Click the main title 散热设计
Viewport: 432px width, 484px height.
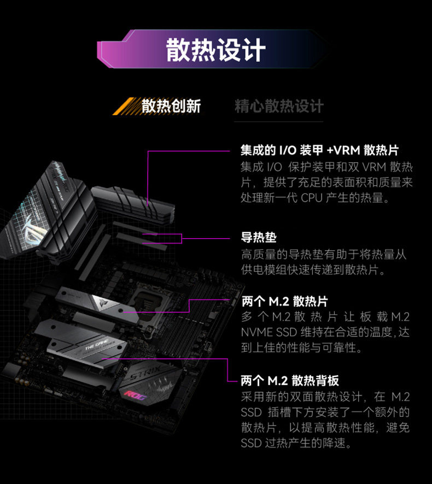click(215, 50)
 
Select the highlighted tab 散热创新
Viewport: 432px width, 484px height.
click(171, 106)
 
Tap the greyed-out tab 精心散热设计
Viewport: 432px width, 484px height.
click(279, 106)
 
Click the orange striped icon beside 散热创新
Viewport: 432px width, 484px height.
click(126, 106)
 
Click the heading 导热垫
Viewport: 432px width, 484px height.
click(259, 238)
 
